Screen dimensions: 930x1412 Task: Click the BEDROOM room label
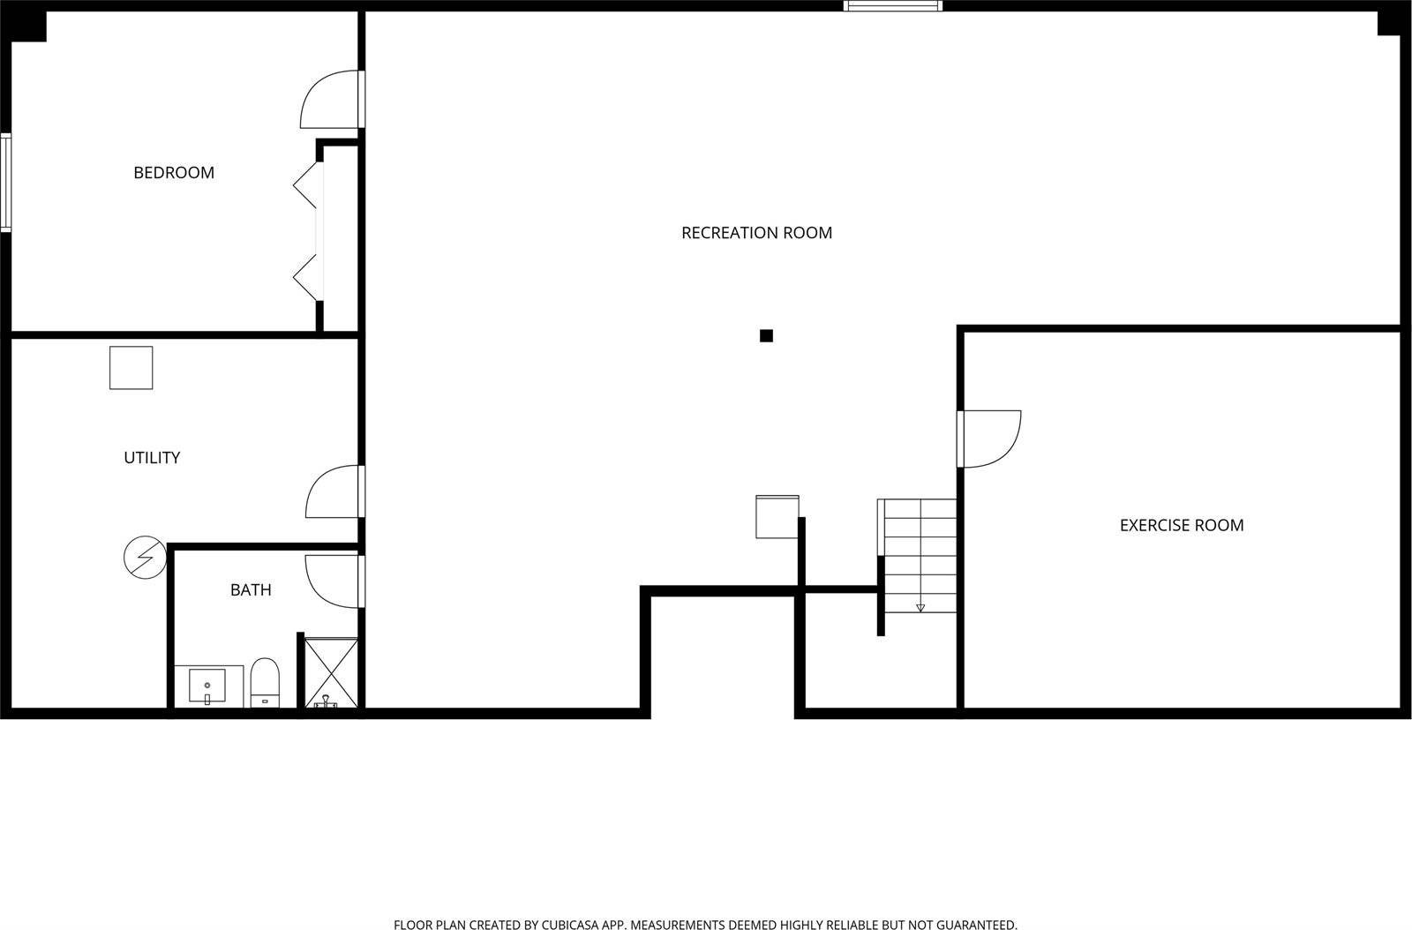(174, 173)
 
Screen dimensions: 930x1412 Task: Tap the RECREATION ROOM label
(756, 233)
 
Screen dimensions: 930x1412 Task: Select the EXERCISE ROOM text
(1182, 526)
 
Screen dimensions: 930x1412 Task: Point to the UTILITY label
(152, 458)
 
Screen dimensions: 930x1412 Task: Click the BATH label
(251, 590)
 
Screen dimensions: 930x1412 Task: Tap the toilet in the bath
(265, 682)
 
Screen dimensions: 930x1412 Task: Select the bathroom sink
(207, 685)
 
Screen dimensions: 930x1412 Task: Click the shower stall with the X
(331, 672)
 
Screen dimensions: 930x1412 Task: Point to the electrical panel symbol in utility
(145, 558)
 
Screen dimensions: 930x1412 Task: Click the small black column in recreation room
(766, 335)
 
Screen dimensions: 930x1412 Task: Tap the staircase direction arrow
(920, 606)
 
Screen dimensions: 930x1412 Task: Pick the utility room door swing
(332, 492)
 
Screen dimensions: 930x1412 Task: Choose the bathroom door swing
(332, 581)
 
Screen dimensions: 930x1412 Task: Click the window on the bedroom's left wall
(5, 183)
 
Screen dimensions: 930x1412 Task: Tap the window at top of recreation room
(892, 6)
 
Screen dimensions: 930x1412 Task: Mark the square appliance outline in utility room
(131, 368)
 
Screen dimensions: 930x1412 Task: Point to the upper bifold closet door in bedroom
(306, 185)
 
